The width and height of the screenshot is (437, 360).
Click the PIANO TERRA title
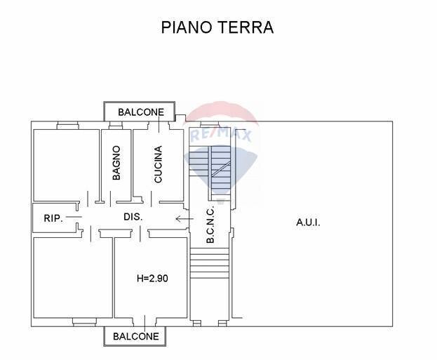click(217, 27)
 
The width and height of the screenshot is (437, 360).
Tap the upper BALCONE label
click(141, 112)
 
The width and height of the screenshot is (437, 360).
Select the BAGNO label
click(116, 163)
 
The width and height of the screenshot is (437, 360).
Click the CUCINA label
click(158, 164)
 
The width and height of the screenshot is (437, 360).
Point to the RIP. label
click(53, 218)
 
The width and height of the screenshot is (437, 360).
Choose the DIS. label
click(133, 217)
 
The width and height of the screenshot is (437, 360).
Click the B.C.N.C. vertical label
click(210, 224)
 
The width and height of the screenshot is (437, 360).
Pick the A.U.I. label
click(308, 222)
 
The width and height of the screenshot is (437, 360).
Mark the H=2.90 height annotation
click(152, 278)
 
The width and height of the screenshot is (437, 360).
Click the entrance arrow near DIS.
click(184, 218)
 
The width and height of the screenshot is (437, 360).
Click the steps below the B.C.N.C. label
click(210, 263)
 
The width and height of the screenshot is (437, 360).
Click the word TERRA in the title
click(245, 27)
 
